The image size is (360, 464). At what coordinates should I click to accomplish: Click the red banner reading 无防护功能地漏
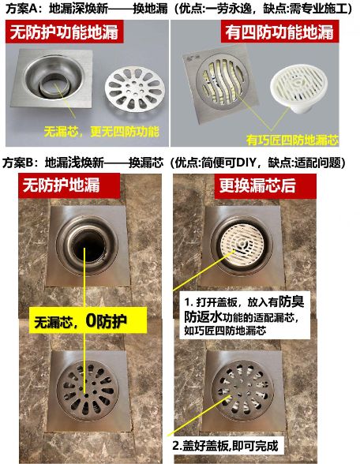64,32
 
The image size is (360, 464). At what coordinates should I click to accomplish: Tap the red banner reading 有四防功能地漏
279,32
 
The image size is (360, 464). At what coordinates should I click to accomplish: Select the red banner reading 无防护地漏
69,185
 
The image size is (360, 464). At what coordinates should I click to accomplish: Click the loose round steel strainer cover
135,88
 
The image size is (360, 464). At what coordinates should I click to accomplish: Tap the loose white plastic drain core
298,88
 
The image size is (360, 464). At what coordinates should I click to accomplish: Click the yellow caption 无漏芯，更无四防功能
102,132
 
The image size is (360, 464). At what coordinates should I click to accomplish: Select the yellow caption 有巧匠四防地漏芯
292,140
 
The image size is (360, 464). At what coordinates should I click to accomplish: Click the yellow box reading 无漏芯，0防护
88,320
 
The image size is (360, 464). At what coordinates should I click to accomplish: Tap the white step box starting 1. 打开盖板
245,316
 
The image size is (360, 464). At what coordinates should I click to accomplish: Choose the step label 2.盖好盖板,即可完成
225,446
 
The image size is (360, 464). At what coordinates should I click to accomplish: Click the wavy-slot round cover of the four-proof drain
222,82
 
